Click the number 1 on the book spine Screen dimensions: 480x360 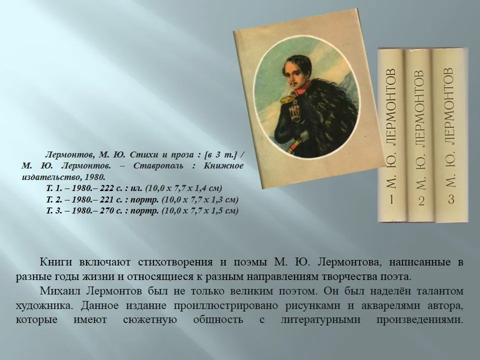[x=391, y=199]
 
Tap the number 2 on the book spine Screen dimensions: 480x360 [x=421, y=201]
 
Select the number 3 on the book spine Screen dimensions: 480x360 [x=451, y=199]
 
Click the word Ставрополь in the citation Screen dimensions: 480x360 [x=158, y=166]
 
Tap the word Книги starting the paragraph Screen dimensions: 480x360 [x=55, y=262]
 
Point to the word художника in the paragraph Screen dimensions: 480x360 [x=44, y=305]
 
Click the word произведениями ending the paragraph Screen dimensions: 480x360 [x=419, y=320]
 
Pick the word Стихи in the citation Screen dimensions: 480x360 [x=141, y=155]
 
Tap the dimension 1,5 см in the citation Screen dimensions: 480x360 [x=224, y=211]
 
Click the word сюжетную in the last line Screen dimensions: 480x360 [x=150, y=320]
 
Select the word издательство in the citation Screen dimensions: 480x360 [x=51, y=177]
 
